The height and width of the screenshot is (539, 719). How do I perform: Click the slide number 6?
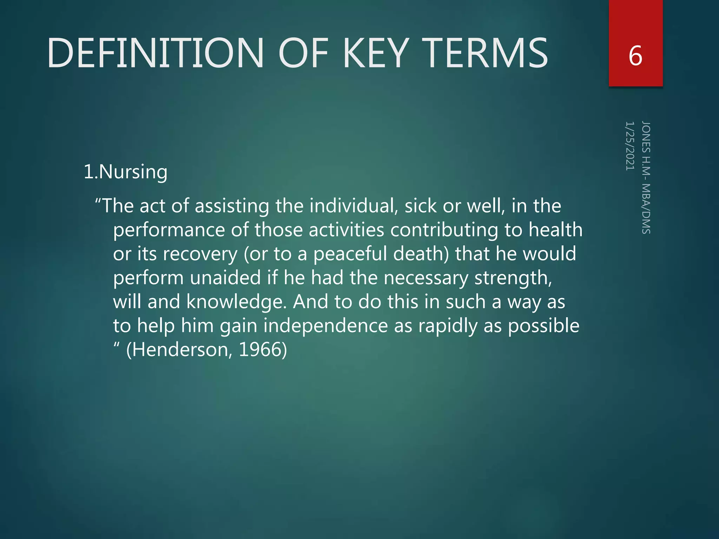(635, 56)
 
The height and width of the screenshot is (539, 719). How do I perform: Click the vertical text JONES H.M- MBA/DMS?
(646, 178)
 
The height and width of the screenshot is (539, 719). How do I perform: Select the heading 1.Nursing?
(126, 172)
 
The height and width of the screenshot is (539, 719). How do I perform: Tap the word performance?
(169, 231)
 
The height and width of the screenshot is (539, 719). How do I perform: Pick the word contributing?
(444, 231)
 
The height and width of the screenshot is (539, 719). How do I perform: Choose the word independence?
(325, 326)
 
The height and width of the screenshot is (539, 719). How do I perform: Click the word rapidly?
(448, 326)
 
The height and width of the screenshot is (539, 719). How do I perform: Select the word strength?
(513, 278)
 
